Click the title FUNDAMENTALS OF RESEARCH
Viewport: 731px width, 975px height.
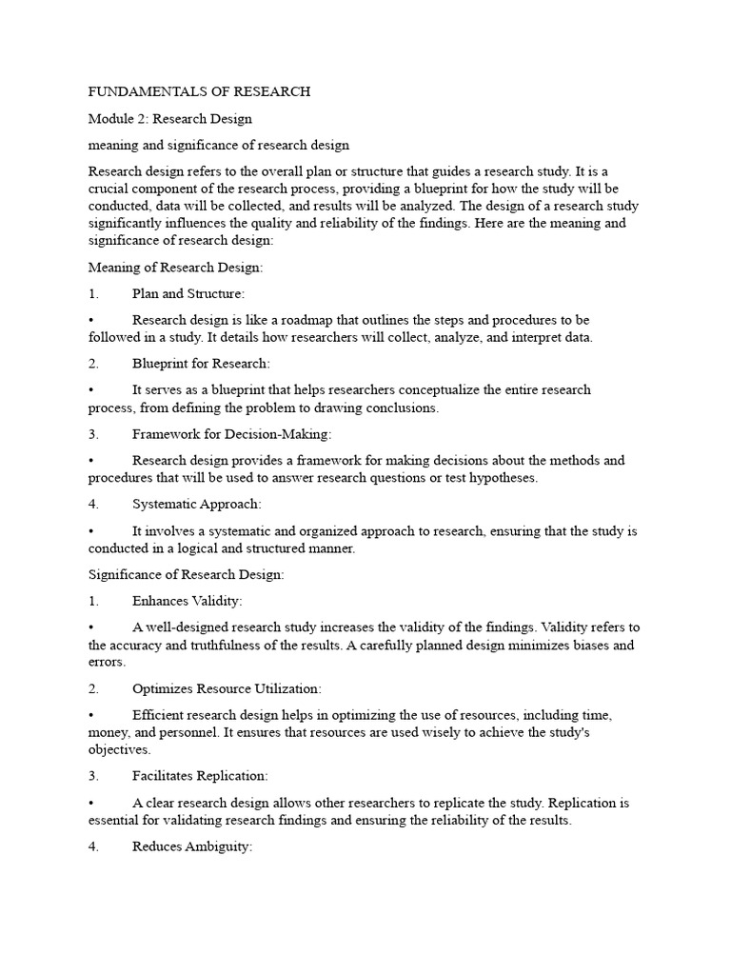[x=199, y=91]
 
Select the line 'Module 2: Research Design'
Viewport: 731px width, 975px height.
[x=169, y=119]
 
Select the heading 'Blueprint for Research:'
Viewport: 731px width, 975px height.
[x=201, y=364]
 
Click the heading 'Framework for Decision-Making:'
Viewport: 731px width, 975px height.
[x=231, y=434]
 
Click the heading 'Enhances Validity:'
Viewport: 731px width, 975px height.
[x=188, y=601]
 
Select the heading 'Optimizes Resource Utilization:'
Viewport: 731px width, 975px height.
[x=227, y=687]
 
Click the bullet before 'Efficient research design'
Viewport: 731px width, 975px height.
[x=91, y=714]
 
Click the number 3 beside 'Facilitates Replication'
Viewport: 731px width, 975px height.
[x=92, y=776]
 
